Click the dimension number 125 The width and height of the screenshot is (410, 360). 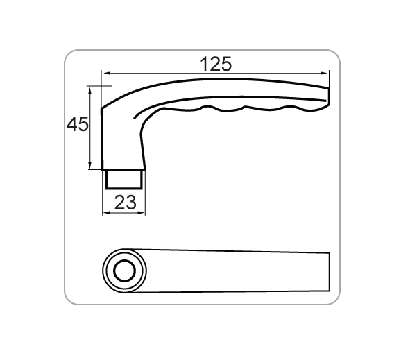(216, 64)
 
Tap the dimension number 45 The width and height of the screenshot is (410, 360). (78, 124)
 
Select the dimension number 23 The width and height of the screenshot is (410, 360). (126, 203)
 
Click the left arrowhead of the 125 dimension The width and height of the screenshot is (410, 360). (105, 74)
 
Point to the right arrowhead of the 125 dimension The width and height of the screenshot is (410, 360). (325, 74)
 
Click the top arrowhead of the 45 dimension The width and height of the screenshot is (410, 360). (90, 90)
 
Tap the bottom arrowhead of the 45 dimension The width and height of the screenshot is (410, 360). (90, 166)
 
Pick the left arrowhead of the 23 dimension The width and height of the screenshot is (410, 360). (106, 213)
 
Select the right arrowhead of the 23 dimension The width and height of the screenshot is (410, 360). (142, 213)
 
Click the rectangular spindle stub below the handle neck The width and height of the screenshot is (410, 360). (124, 179)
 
